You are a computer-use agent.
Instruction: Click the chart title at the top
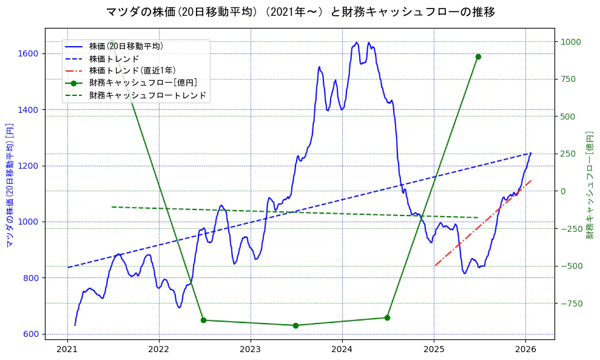(300, 12)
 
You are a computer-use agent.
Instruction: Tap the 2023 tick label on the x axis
(251, 349)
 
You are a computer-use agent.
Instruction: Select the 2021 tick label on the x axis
(67, 349)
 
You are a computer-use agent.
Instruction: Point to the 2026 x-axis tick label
(525, 349)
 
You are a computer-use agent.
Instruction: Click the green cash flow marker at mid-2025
(478, 56)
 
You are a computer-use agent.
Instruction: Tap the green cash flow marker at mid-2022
(203, 320)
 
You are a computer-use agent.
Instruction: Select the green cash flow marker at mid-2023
(295, 325)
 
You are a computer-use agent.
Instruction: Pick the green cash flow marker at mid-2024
(387, 318)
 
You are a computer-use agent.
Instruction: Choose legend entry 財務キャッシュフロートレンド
(147, 95)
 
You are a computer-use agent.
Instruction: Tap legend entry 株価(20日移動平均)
(126, 46)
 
